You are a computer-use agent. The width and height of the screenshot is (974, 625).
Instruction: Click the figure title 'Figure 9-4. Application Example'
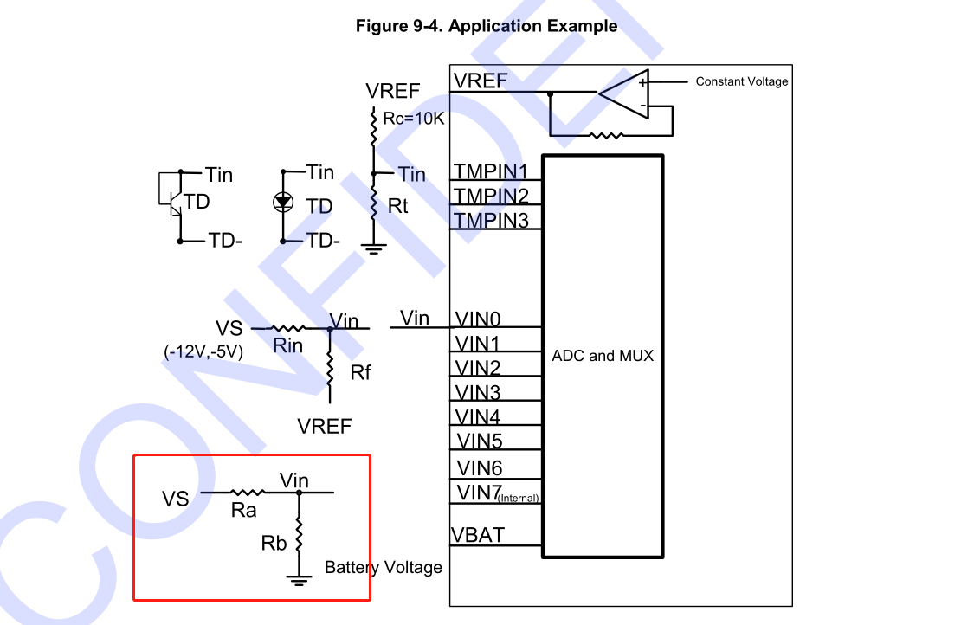tap(487, 26)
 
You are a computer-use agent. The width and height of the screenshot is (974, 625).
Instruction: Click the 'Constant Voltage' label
tap(742, 81)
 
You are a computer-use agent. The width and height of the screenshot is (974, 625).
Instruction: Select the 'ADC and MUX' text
tap(603, 356)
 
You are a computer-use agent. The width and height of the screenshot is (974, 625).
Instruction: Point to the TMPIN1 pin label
tap(492, 171)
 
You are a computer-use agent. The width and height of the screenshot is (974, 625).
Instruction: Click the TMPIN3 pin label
tap(492, 220)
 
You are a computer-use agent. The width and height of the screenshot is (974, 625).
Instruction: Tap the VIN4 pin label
tap(479, 417)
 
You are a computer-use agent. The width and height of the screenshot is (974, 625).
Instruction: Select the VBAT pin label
tap(478, 535)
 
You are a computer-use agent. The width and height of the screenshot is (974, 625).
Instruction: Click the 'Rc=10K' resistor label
tap(413, 119)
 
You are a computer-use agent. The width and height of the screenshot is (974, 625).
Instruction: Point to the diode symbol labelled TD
tap(283, 203)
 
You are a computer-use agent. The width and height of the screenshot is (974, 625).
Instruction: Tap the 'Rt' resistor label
tap(397, 207)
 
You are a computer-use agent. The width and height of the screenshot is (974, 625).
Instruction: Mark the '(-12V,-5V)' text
tap(203, 352)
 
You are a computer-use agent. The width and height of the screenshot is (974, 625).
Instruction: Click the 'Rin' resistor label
tap(287, 345)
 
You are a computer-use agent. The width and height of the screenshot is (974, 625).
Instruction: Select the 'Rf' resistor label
tap(360, 373)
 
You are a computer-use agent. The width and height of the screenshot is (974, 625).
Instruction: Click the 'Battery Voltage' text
tap(383, 568)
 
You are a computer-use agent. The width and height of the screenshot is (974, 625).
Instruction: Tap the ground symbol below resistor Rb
tap(299, 580)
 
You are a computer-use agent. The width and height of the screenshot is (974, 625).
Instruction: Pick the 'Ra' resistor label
tap(243, 511)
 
